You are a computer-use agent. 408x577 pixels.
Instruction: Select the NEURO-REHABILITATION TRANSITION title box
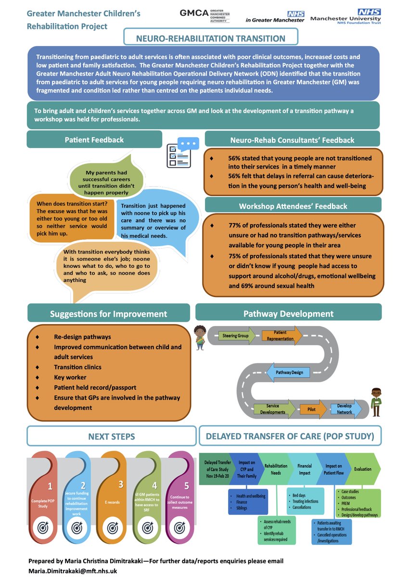click(211, 38)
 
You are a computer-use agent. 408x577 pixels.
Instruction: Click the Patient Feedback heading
click(94, 140)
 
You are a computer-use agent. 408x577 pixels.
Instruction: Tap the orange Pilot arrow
click(308, 409)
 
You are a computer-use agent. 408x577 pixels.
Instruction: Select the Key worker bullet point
click(67, 377)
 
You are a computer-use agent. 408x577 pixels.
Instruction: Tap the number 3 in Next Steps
click(121, 484)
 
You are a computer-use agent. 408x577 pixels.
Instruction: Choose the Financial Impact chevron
click(305, 469)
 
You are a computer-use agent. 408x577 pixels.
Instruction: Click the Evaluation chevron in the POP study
click(362, 469)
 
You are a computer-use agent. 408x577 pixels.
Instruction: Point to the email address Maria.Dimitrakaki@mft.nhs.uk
click(72, 571)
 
